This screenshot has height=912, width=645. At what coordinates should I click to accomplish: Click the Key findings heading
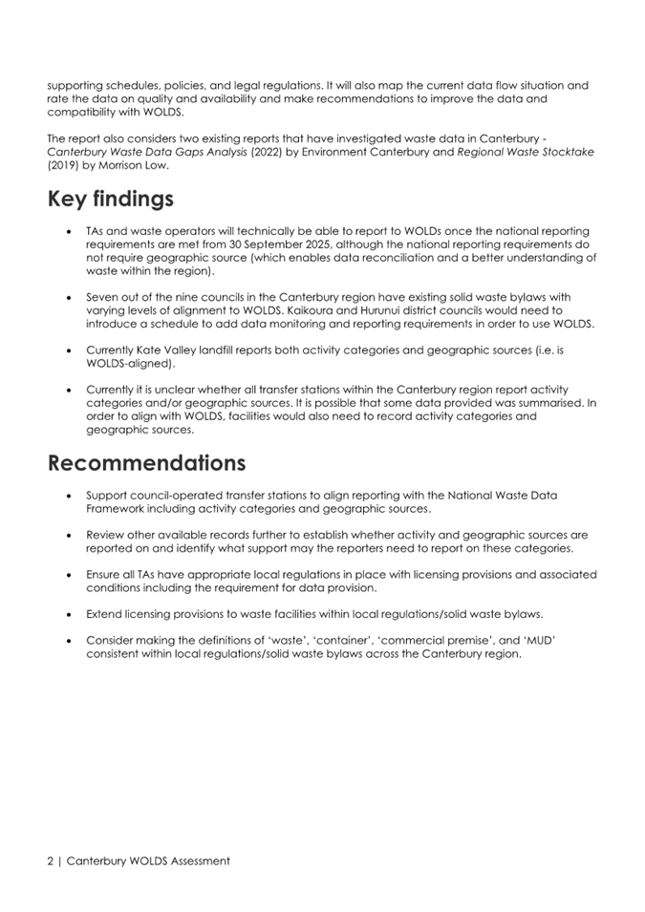click(111, 200)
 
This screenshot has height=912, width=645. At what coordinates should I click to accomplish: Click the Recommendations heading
click(146, 463)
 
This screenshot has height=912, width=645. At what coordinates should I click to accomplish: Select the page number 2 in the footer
click(52, 860)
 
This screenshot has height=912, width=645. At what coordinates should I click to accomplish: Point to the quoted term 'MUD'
click(538, 641)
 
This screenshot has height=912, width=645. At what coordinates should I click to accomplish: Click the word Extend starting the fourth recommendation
click(105, 614)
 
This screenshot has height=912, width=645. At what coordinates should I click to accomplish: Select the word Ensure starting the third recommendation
click(105, 575)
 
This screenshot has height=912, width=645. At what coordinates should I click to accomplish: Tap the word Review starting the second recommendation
click(106, 536)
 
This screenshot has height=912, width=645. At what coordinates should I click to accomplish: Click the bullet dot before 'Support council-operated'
click(71, 496)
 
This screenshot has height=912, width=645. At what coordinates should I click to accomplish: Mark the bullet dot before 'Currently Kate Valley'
click(71, 350)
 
